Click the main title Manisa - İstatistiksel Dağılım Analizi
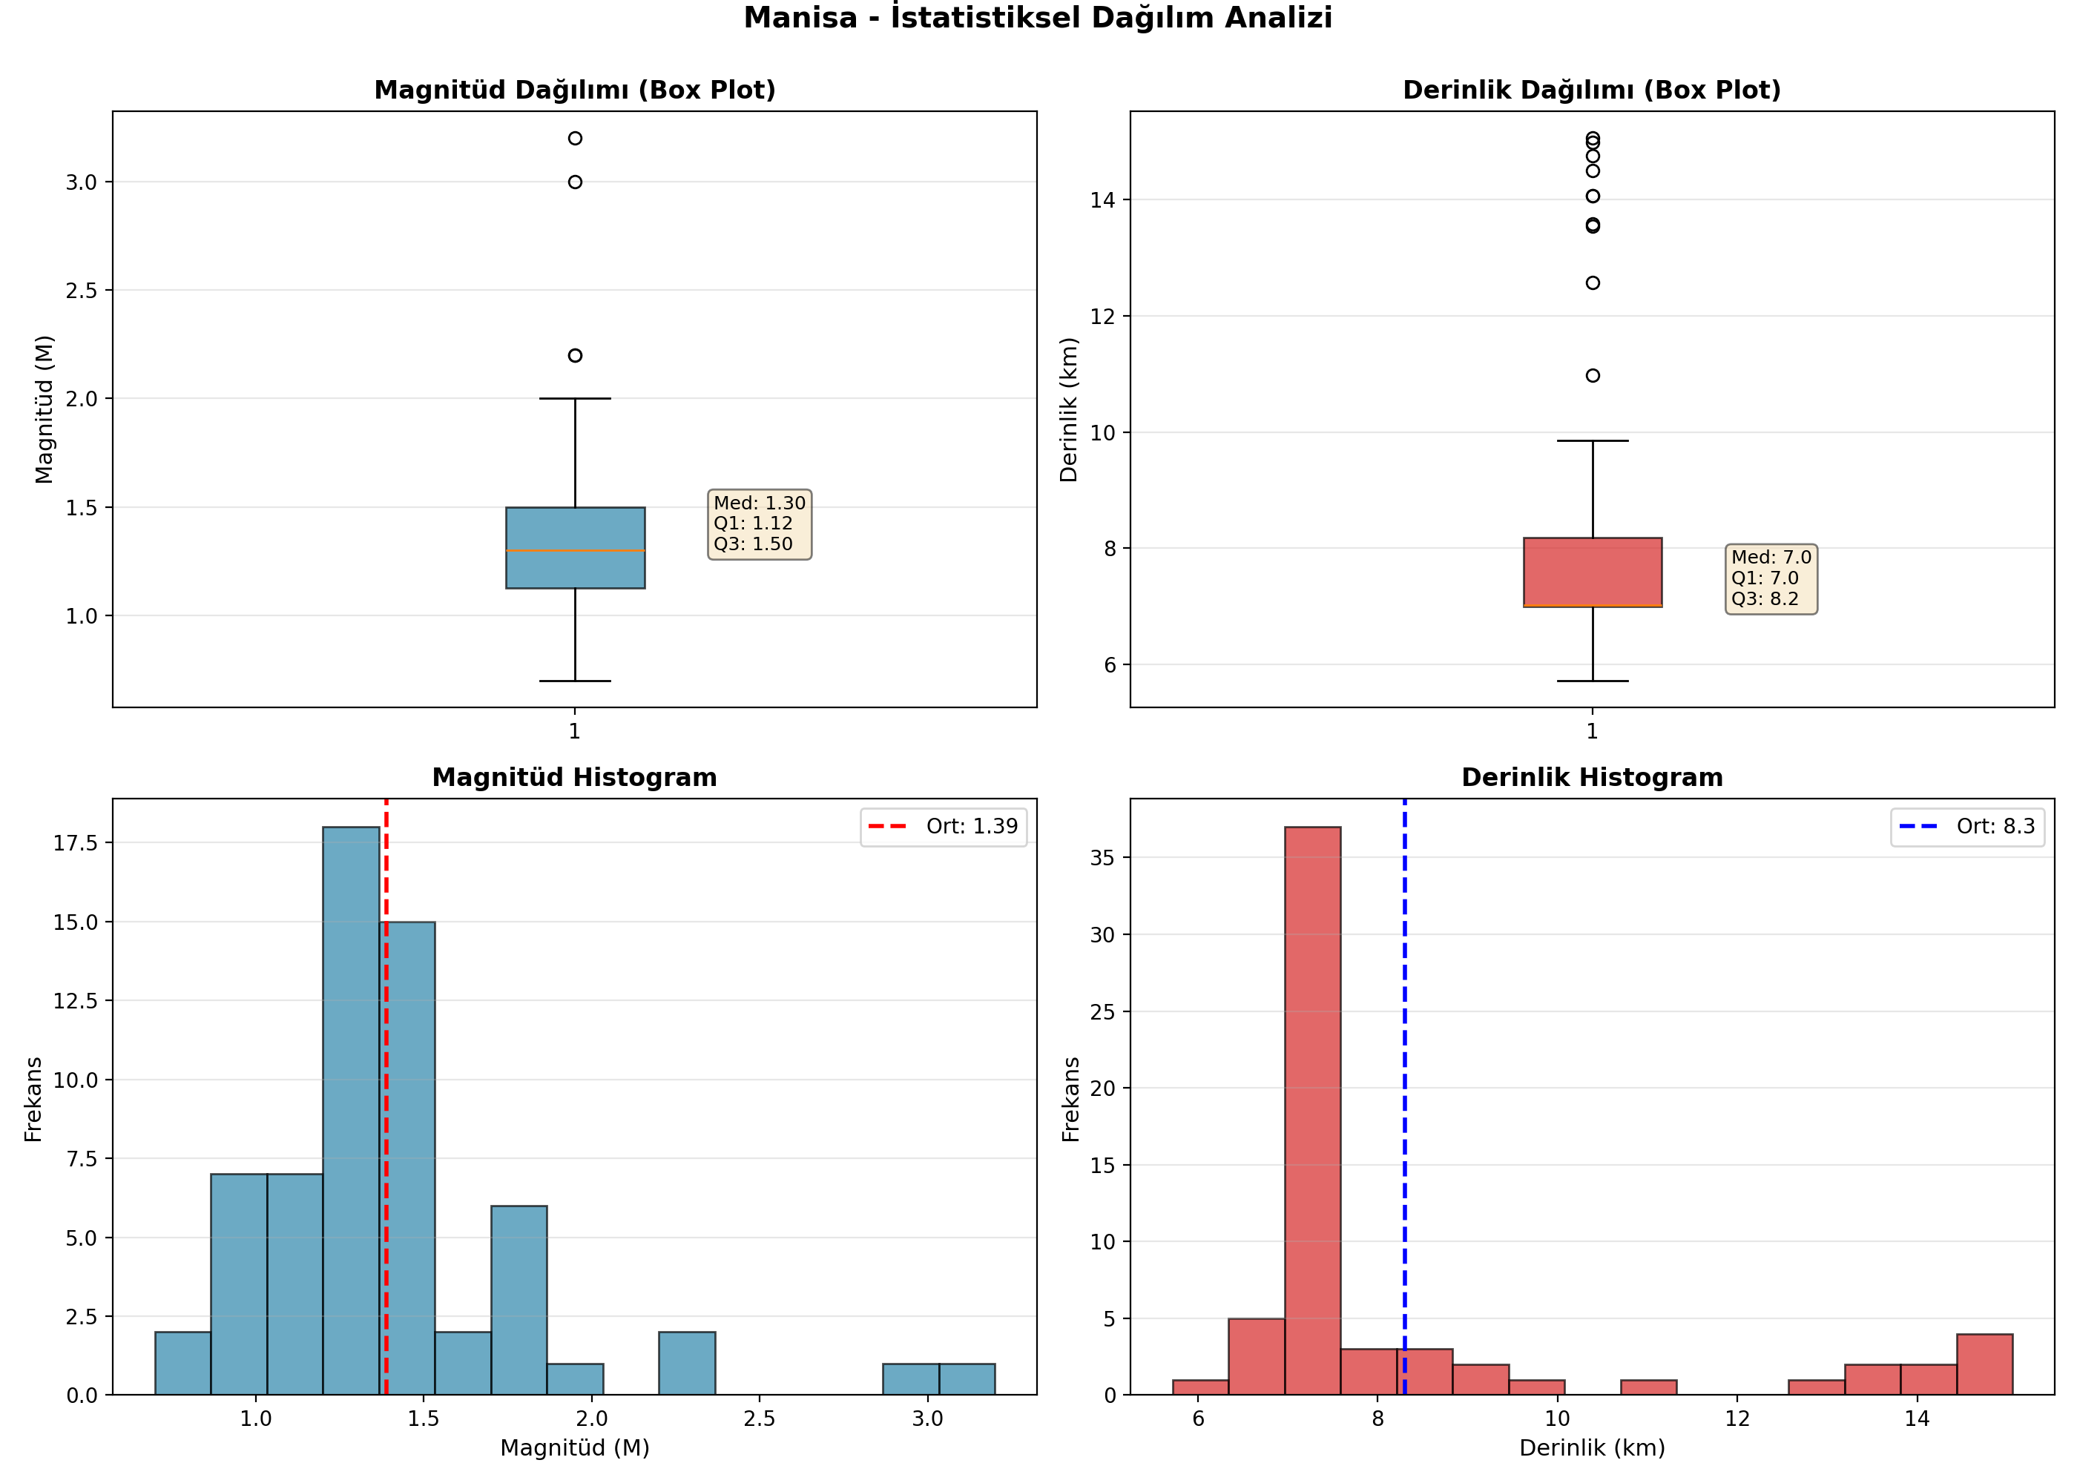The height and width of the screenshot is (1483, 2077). [x=1038, y=17]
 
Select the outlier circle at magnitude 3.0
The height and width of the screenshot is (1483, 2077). [x=574, y=182]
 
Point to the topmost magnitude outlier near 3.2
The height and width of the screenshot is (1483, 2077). [x=574, y=139]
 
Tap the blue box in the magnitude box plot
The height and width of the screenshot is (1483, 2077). [x=576, y=548]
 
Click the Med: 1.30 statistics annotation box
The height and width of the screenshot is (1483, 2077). [x=760, y=524]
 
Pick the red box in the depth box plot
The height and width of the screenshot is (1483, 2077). [x=1593, y=572]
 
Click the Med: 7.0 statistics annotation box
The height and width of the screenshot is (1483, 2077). [x=1771, y=579]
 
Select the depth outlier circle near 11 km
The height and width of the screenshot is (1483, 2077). [x=1593, y=375]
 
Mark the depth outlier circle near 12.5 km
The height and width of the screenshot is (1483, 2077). [x=1593, y=283]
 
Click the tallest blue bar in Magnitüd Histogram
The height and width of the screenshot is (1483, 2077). [x=351, y=1111]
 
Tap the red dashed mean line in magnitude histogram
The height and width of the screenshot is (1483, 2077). [x=386, y=1097]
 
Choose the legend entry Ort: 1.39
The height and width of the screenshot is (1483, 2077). [x=944, y=827]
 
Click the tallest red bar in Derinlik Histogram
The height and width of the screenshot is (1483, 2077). [x=1312, y=1111]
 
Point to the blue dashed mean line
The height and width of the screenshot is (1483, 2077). [x=1405, y=1097]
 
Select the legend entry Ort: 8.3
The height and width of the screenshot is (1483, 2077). [x=1967, y=827]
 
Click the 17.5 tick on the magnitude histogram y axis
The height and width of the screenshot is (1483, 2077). [x=76, y=843]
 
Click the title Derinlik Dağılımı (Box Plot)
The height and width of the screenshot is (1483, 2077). [x=1592, y=90]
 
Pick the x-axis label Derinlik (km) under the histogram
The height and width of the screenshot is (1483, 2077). [x=1592, y=1447]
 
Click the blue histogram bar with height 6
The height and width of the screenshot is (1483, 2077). [x=519, y=1301]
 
